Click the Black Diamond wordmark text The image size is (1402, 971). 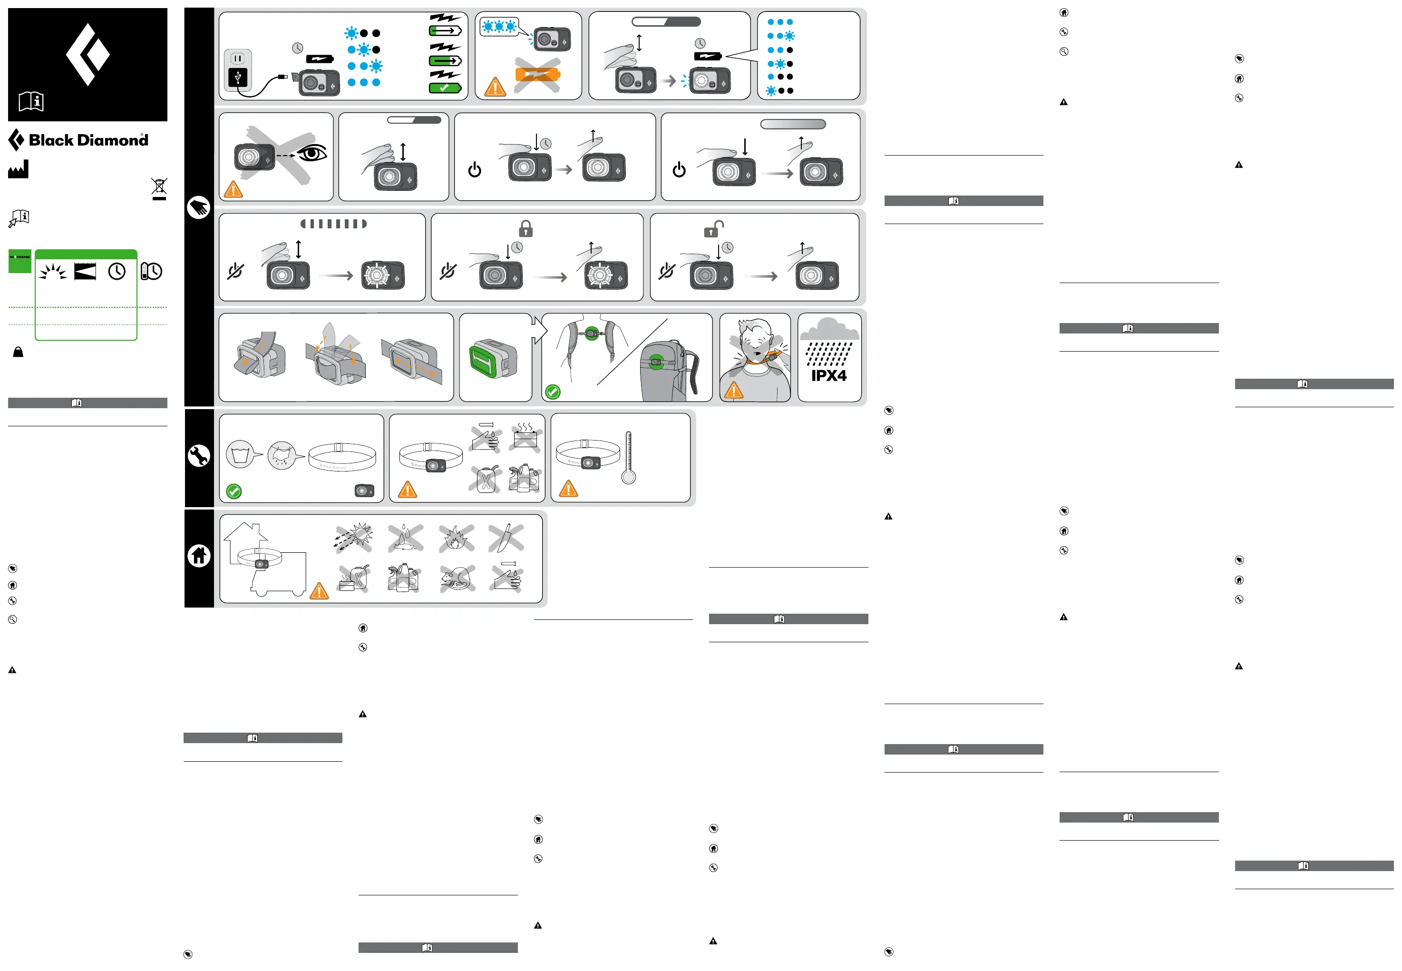88,140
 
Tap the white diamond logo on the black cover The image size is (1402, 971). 88,55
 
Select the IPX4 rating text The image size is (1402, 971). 828,376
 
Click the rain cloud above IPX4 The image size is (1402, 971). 829,330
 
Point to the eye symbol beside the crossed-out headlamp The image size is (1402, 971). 312,154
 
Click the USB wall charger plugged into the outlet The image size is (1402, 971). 238,77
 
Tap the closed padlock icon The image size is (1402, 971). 526,229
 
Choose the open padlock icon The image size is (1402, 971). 713,229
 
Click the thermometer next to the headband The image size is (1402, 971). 628,458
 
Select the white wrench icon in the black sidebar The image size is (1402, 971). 199,456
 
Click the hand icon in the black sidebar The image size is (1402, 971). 199,207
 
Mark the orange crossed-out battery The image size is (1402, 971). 537,75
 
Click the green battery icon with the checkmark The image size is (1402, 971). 445,88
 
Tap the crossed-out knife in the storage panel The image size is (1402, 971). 506,538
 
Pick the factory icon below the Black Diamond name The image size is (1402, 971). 18,170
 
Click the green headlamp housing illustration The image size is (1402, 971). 492,359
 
